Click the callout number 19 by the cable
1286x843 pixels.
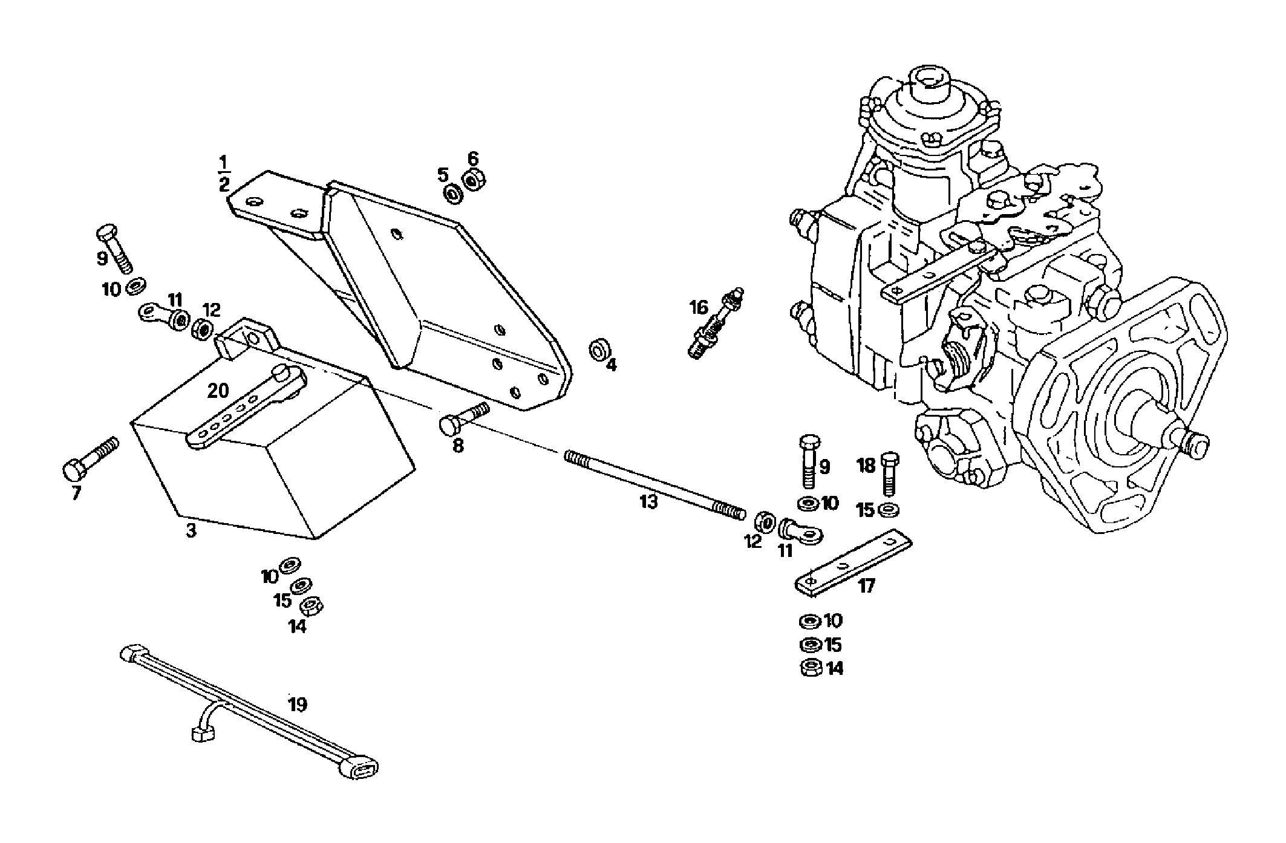pyautogui.click(x=297, y=705)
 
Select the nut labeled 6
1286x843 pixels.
pyautogui.click(x=472, y=180)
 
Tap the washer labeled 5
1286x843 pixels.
pyautogui.click(x=452, y=194)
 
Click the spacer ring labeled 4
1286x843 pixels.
pyautogui.click(x=599, y=350)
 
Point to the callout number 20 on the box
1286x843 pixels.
pyautogui.click(x=218, y=391)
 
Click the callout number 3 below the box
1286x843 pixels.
pyautogui.click(x=191, y=532)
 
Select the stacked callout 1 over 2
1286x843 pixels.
pyautogui.click(x=224, y=174)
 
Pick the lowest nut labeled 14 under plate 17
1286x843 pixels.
pyautogui.click(x=811, y=668)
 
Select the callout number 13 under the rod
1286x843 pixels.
pyautogui.click(x=648, y=502)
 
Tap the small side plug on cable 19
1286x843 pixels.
pyautogui.click(x=202, y=734)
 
